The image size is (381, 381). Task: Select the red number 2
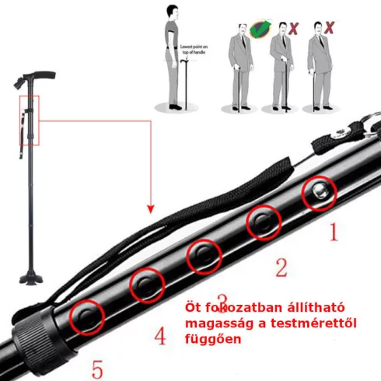pyautogui.click(x=281, y=268)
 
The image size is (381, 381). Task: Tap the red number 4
pyautogui.click(x=160, y=336)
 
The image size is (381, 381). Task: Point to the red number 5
pyautogui.click(x=97, y=369)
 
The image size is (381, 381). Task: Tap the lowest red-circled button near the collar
pyautogui.click(x=86, y=317)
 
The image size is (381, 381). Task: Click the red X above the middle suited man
pyautogui.click(x=294, y=30)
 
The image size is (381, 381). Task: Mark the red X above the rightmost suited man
pyautogui.click(x=330, y=29)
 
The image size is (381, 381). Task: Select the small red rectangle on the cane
pyautogui.click(x=29, y=120)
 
